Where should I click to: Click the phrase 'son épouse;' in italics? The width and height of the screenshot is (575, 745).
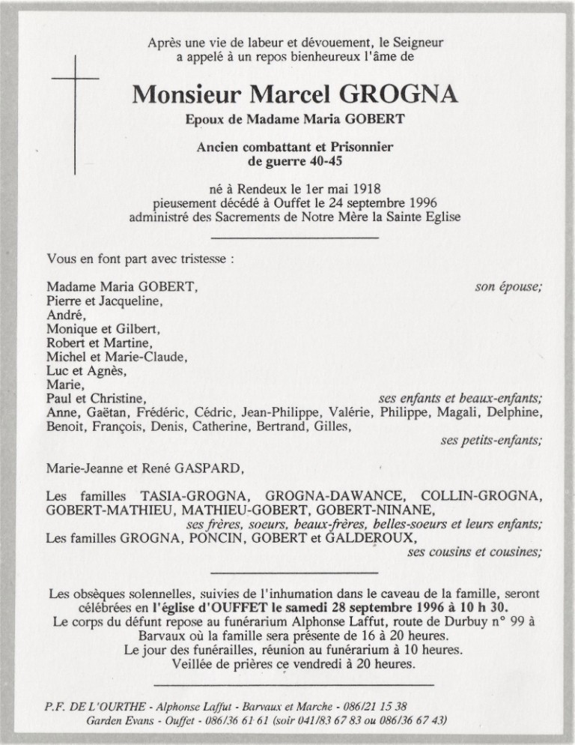point(509,286)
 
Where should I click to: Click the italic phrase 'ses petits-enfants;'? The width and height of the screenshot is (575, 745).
point(492,441)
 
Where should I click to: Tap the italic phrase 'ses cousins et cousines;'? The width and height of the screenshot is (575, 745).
point(475,552)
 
